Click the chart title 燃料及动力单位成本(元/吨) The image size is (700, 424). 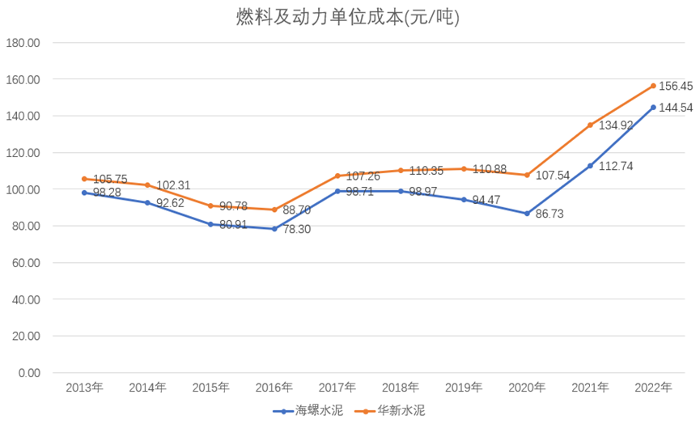click(349, 17)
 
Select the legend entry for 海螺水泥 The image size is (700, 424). click(308, 411)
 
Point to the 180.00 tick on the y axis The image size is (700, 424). click(23, 43)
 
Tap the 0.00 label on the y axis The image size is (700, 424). click(28, 373)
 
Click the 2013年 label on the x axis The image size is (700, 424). click(84, 388)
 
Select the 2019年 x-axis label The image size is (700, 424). click(464, 388)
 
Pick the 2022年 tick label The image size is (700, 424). click(653, 388)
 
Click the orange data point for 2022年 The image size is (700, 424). click(653, 86)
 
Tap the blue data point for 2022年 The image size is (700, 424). click(653, 108)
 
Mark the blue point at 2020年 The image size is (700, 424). click(527, 214)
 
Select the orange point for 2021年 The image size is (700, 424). click(590, 125)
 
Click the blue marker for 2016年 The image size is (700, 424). click(274, 229)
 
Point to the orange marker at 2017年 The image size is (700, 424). click(337, 176)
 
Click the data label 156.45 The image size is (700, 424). click(675, 87)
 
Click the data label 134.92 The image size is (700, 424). click(614, 125)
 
